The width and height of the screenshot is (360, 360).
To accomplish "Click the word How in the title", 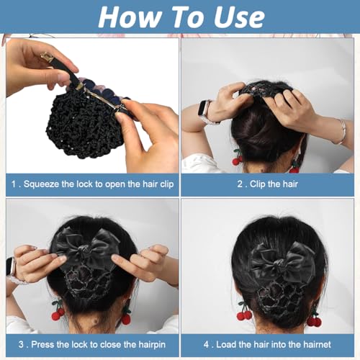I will click(x=123, y=16).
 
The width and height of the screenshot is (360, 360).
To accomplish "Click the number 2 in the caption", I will click(x=241, y=184).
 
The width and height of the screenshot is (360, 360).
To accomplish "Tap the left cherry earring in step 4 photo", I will click(x=244, y=313).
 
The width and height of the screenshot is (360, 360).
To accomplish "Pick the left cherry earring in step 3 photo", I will click(x=57, y=313).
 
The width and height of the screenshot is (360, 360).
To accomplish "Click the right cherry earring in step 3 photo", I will click(x=125, y=317).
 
